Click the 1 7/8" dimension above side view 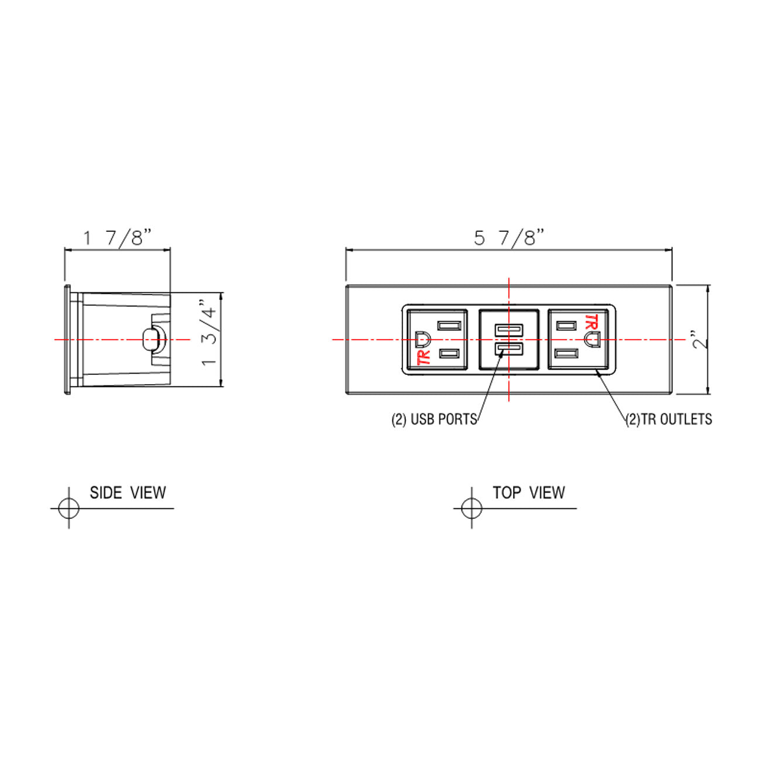tap(117, 238)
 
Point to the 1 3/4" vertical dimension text tap(210, 333)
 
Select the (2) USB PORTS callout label tap(434, 419)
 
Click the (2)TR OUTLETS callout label tap(669, 419)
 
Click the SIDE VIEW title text tap(128, 493)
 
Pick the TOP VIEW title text tap(528, 493)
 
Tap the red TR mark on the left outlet tap(423, 357)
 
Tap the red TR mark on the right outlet tap(591, 322)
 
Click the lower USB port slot tap(508, 350)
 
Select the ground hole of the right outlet tap(592, 339)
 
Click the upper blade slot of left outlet tap(449, 325)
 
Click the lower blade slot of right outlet tap(567, 354)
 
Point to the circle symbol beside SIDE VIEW tap(69, 508)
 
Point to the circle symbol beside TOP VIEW tap(471, 508)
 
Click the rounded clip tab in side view tap(151, 339)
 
